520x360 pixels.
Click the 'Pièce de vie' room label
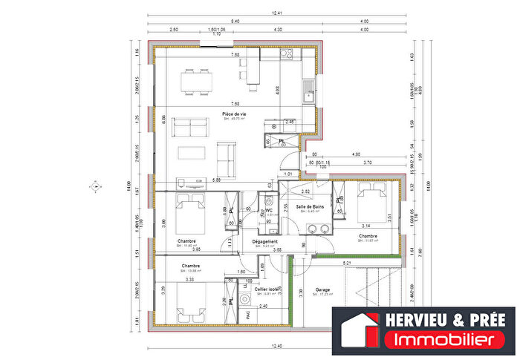235,113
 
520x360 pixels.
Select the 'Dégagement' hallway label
265,241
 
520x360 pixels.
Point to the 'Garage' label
322,289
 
